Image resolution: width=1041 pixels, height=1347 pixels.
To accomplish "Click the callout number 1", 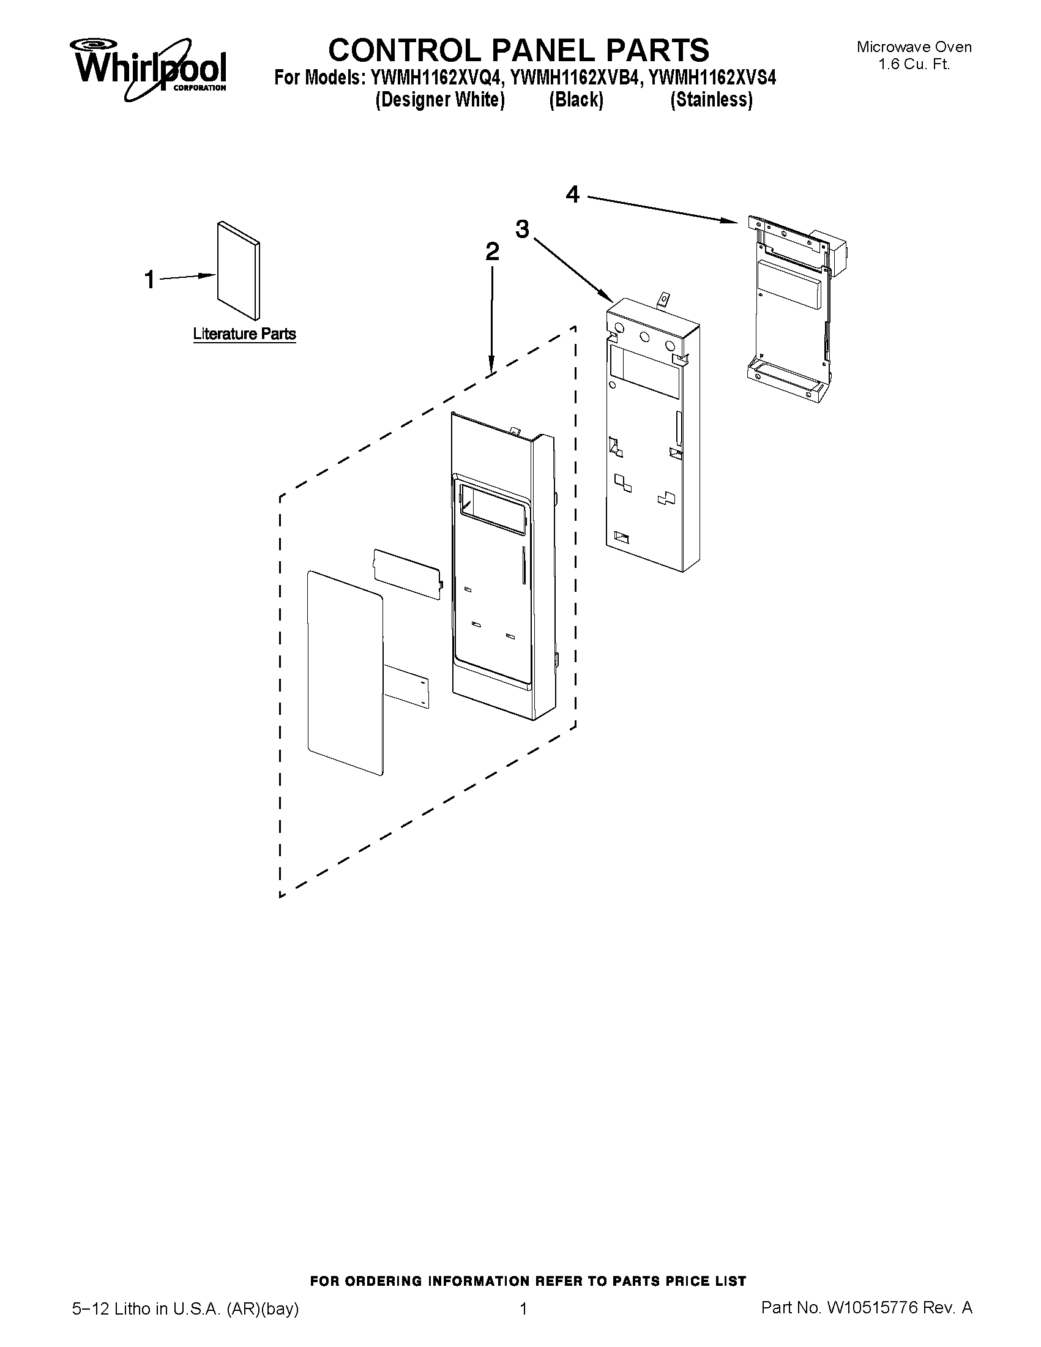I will click(x=149, y=280).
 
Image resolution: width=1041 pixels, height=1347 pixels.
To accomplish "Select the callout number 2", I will click(x=491, y=252).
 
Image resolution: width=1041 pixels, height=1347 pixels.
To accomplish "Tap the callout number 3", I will click(x=522, y=229).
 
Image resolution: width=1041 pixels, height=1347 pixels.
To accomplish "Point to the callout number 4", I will click(x=572, y=195).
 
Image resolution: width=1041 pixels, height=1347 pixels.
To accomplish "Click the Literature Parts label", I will click(x=244, y=334).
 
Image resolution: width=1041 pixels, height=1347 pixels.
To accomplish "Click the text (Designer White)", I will click(x=439, y=100).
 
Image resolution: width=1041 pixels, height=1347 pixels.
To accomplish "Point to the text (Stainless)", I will click(x=711, y=100).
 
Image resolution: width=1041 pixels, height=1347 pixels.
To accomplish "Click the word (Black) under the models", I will click(x=576, y=100).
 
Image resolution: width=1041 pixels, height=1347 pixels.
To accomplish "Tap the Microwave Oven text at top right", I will click(x=914, y=47).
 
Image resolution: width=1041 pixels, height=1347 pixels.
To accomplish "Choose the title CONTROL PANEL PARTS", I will click(x=518, y=50).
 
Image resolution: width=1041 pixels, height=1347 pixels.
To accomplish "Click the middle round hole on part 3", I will click(x=644, y=337).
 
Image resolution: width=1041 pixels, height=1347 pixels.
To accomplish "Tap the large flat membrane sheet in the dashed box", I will click(x=344, y=672).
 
